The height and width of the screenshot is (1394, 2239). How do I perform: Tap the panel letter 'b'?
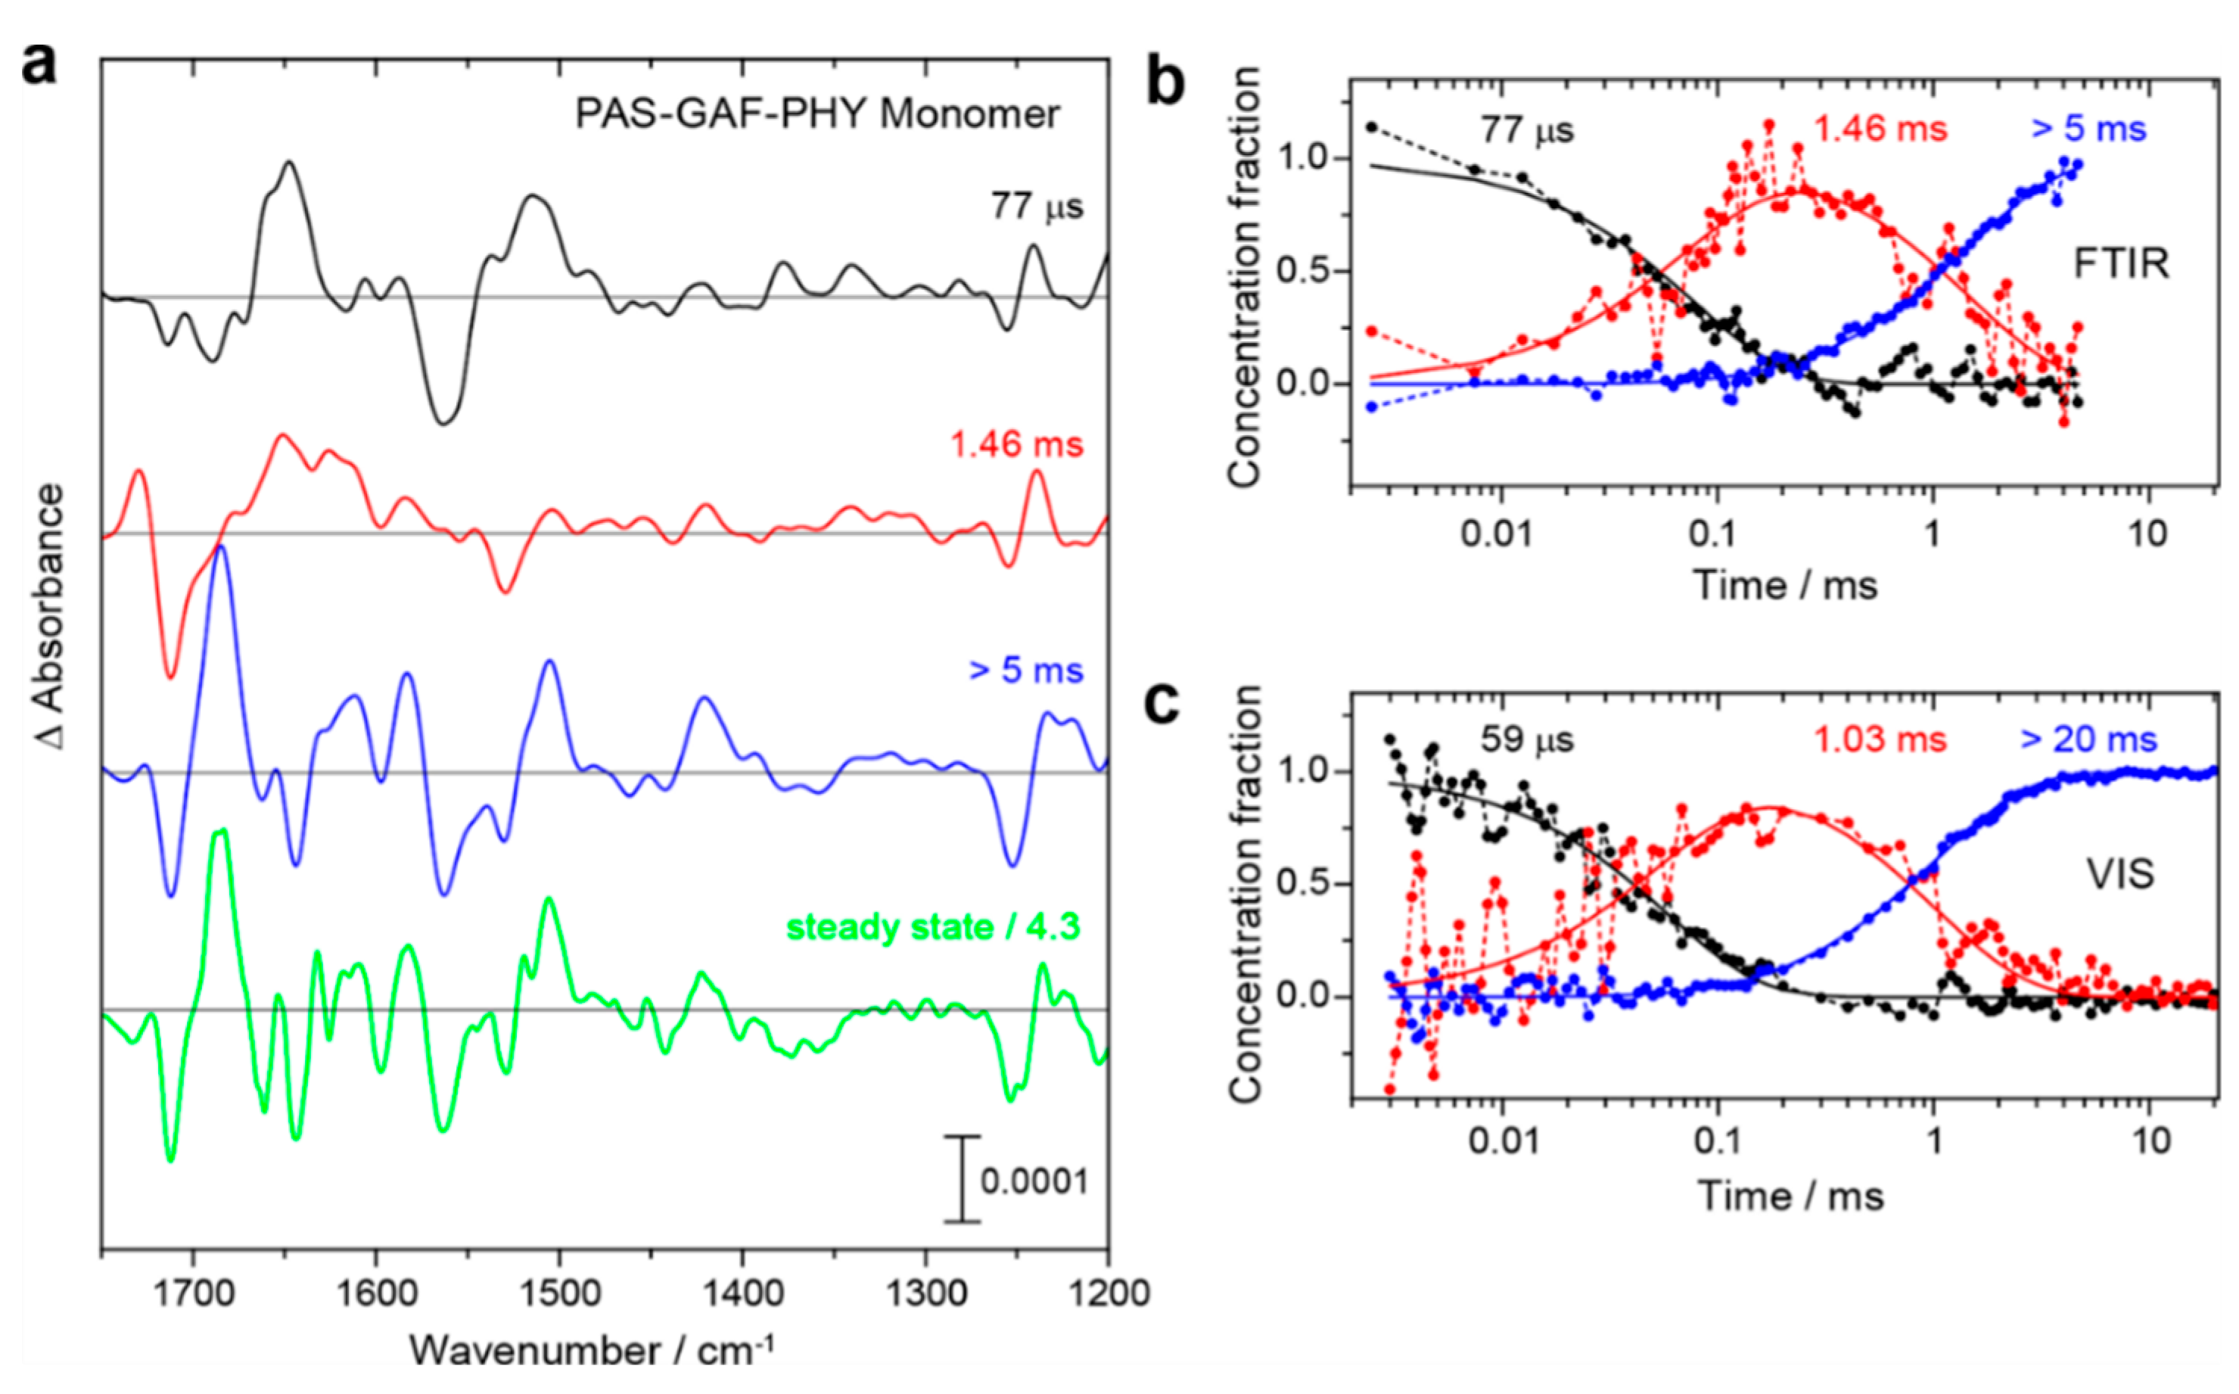[x=1165, y=84]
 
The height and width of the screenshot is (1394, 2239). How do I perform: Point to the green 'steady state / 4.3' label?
[x=932, y=926]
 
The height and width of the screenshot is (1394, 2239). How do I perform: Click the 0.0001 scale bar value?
[x=1034, y=1181]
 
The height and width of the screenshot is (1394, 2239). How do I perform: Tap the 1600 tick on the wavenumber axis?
[x=375, y=1293]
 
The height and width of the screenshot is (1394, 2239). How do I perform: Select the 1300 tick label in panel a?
[x=924, y=1293]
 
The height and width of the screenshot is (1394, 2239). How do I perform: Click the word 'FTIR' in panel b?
[x=2121, y=265]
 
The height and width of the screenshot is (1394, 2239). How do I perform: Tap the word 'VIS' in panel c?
[x=2120, y=874]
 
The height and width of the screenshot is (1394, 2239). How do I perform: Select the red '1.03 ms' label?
[x=1880, y=739]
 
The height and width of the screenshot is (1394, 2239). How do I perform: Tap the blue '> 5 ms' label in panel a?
[x=1025, y=671]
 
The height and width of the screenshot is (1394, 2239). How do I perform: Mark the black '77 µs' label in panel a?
[x=1037, y=206]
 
